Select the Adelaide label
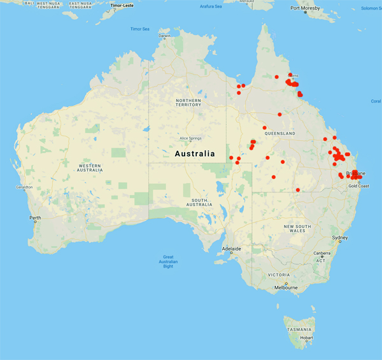[x=231, y=248]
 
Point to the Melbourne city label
[x=286, y=287]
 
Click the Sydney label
[x=340, y=238]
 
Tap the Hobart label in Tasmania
[x=307, y=338]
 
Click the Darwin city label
[x=165, y=36]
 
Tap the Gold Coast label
[x=358, y=185]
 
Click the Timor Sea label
[x=139, y=29]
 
